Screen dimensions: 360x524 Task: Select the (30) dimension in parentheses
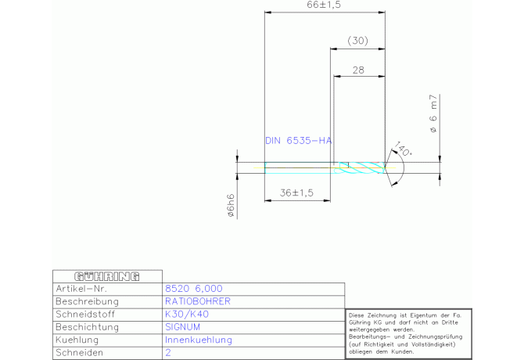[357, 40]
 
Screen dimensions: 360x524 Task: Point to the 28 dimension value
[358, 70]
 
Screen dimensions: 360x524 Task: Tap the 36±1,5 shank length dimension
[296, 192]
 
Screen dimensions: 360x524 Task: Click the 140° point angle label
[403, 149]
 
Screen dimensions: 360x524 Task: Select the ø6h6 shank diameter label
[231, 204]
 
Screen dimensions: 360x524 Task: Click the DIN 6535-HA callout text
[299, 141]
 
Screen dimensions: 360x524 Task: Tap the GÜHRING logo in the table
[106, 276]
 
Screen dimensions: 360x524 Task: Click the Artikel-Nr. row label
[84, 289]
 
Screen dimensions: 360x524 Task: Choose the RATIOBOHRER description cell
[197, 301]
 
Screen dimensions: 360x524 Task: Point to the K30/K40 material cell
[187, 315]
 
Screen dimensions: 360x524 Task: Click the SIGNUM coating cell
[183, 327]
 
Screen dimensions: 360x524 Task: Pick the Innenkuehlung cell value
[199, 340]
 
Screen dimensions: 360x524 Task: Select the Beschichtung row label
[88, 327]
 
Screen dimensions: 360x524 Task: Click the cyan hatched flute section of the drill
[362, 166]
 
